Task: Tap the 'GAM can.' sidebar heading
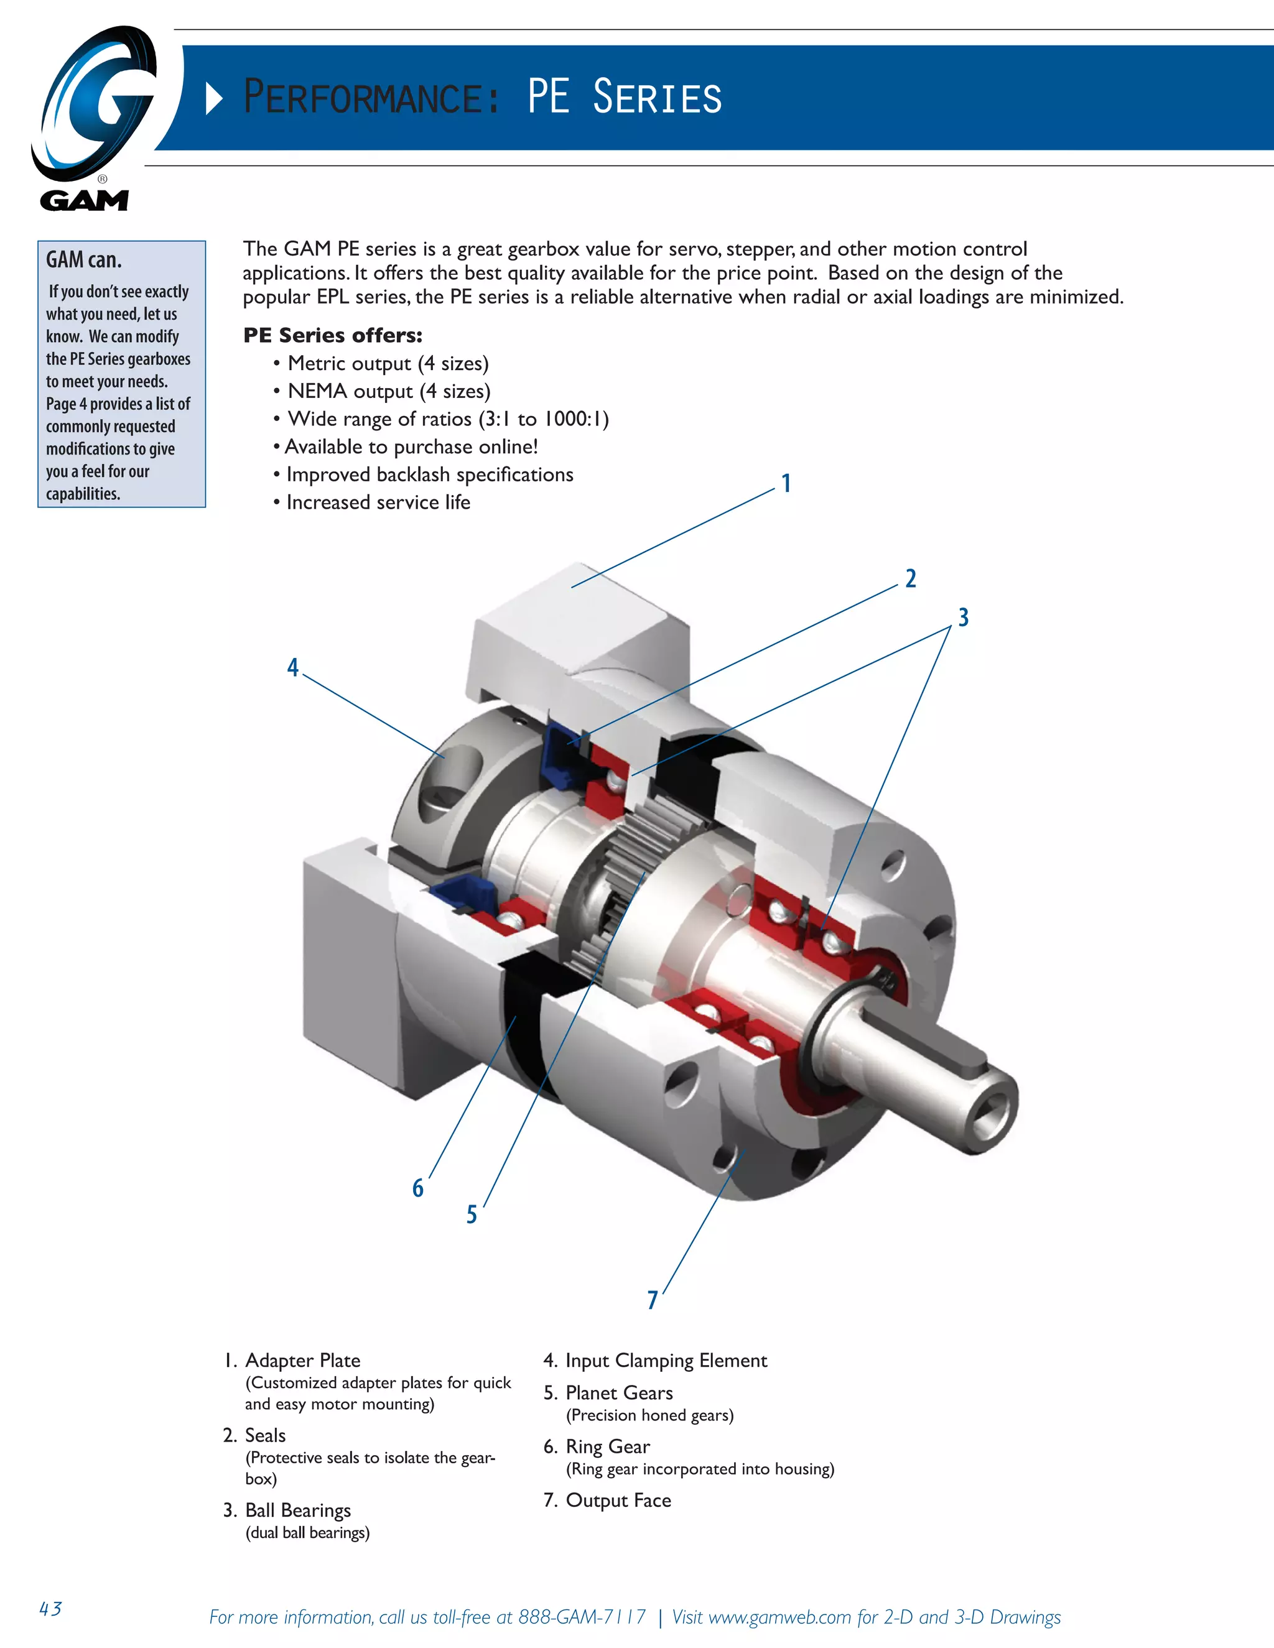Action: click(84, 259)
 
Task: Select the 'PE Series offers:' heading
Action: click(332, 335)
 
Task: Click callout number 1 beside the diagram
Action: click(786, 483)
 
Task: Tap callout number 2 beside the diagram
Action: click(910, 579)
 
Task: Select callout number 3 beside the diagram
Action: click(963, 618)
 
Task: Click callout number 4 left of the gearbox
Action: click(293, 667)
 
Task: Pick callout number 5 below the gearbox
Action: click(472, 1214)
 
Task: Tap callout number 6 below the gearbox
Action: click(418, 1188)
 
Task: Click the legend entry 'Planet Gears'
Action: click(619, 1392)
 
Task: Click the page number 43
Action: click(50, 1608)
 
